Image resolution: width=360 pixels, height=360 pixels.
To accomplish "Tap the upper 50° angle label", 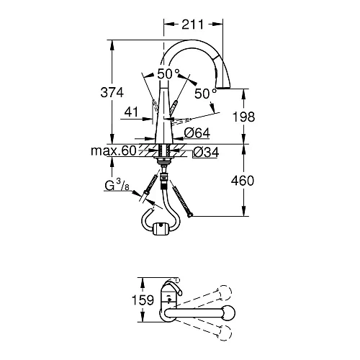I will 168,73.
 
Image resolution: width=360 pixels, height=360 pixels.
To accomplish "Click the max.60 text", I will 113,151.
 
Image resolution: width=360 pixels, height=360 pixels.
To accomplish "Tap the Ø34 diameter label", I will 205,152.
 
